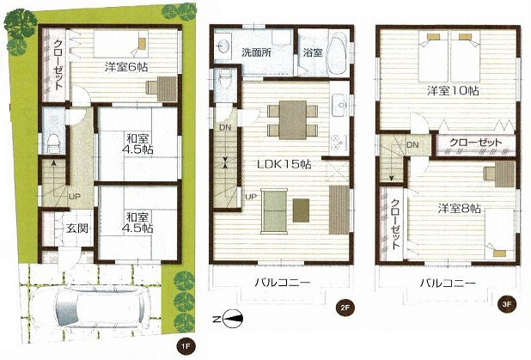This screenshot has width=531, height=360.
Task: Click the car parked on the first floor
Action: (101, 307)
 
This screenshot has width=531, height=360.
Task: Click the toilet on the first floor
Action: (52, 137)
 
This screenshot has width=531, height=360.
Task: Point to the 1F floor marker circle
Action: (182, 346)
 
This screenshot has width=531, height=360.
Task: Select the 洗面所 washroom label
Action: (255, 51)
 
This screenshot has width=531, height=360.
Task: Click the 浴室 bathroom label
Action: (312, 52)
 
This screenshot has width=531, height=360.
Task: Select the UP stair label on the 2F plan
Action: (251, 197)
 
